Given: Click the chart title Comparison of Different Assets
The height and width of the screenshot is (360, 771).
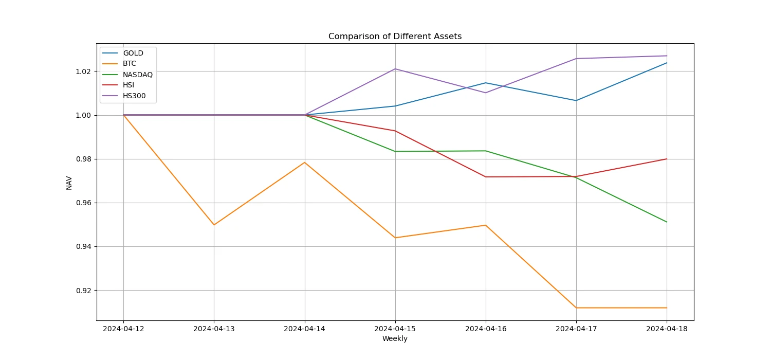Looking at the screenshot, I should click(x=395, y=37).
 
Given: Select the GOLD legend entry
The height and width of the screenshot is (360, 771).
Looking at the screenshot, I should click(x=133, y=53).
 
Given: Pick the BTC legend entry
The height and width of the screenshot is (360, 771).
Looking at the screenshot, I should click(x=130, y=64).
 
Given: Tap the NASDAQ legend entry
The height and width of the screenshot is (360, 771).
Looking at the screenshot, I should click(x=137, y=75).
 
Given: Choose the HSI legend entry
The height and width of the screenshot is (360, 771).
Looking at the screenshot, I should click(x=128, y=85).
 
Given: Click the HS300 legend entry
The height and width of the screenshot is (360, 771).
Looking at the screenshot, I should click(x=134, y=96).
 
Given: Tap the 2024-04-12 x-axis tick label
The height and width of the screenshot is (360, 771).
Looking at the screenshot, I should click(x=123, y=329).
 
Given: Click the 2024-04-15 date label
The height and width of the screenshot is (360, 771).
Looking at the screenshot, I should click(x=395, y=329).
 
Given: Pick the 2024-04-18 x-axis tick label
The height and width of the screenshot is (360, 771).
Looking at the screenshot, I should click(x=667, y=329).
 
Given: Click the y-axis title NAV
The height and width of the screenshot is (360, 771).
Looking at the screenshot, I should click(x=69, y=183).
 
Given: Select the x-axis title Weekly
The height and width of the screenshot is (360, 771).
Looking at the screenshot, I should click(x=395, y=339).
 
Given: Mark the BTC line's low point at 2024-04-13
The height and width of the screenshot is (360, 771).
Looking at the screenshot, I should click(x=214, y=225).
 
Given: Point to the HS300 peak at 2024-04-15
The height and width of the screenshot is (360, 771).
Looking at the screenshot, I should click(x=395, y=69).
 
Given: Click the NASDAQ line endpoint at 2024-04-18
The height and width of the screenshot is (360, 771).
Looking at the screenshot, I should click(x=667, y=222).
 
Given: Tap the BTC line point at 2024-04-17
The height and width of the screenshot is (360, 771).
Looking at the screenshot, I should click(x=576, y=308).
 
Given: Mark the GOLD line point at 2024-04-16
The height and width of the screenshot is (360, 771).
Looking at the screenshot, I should click(x=486, y=83).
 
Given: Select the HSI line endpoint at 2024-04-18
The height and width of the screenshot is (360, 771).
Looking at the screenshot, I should click(x=667, y=159).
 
